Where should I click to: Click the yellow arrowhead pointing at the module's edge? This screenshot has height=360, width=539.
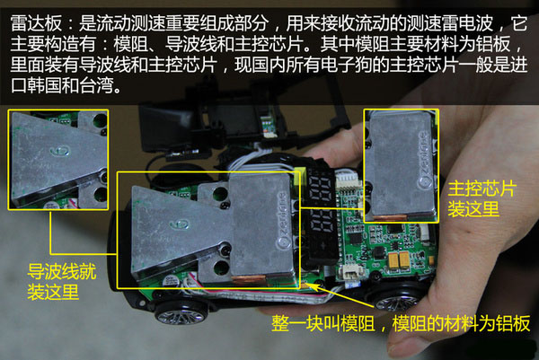coord(307,285)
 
